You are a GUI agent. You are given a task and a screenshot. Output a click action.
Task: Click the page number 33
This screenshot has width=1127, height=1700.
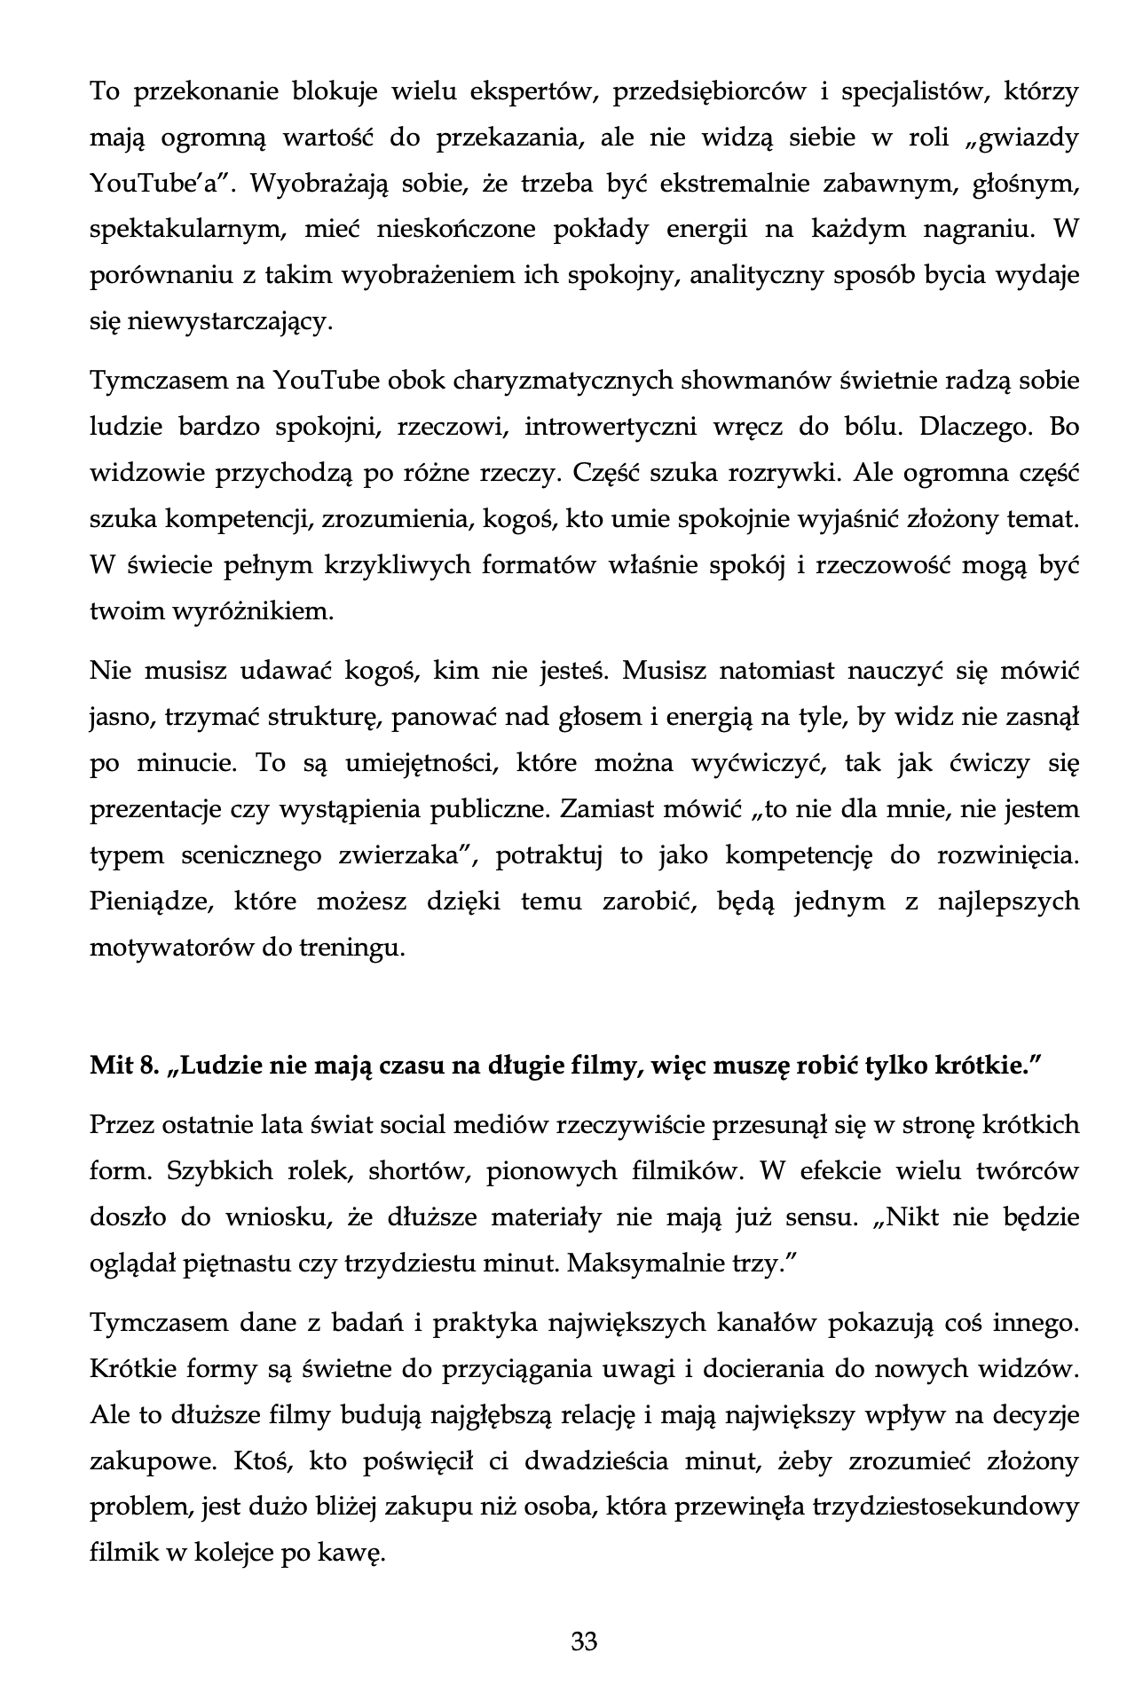(584, 1641)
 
